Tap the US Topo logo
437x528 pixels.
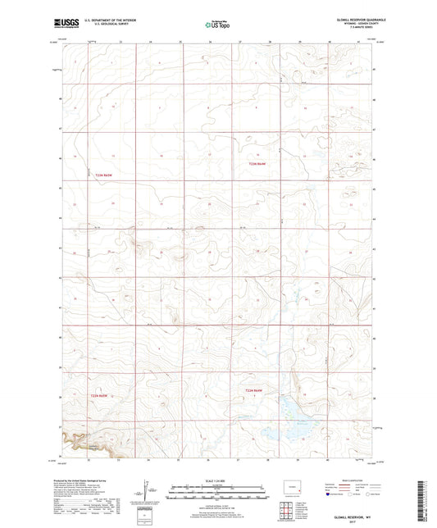point(217,25)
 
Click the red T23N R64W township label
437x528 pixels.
point(258,164)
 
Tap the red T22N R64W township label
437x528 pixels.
point(258,390)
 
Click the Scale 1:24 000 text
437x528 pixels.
point(217,481)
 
